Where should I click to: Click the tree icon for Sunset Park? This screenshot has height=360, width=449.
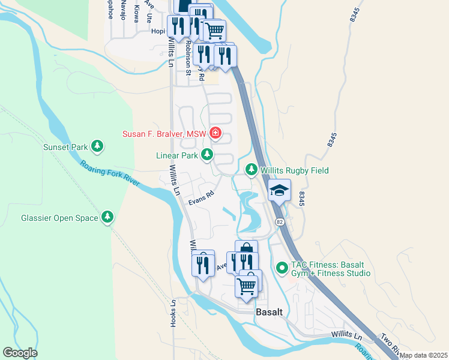point(96,146)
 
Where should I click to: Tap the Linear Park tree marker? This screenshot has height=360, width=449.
point(207,155)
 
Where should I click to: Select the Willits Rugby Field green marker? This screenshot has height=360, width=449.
point(252,170)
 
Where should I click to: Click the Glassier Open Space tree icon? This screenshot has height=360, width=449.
point(107,218)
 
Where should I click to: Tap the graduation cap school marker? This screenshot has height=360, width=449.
point(279,191)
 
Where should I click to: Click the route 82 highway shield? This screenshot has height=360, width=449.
point(279,223)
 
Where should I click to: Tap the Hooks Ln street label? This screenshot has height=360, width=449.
point(173,313)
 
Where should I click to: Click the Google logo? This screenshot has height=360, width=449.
point(20,353)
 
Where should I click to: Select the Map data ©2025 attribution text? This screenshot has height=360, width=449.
point(423,355)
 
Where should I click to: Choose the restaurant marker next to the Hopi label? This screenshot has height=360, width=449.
point(178,26)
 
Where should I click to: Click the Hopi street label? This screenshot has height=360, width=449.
point(157,31)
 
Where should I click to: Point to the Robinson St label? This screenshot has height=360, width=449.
point(188,58)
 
